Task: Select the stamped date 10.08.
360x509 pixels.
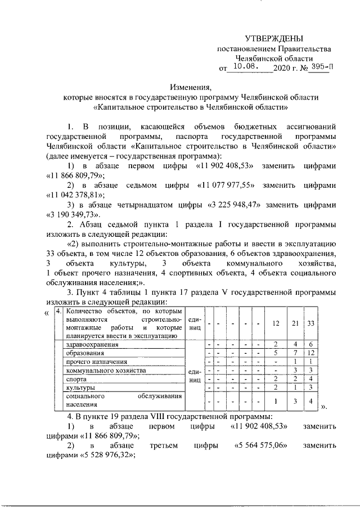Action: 245,67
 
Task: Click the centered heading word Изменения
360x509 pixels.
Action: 191,87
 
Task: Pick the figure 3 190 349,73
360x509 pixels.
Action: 72,215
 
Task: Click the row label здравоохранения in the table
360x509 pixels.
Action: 92,344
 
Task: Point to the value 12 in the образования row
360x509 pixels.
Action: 310,353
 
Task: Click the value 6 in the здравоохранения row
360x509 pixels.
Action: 310,344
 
